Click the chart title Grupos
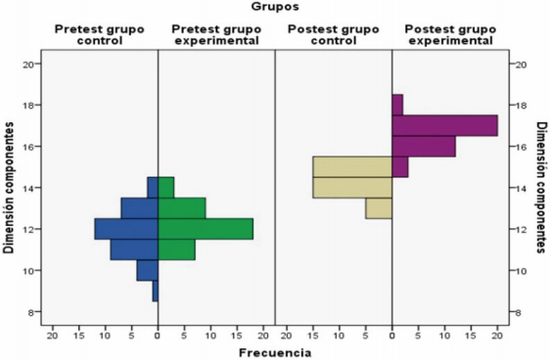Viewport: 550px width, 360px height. coord(275,8)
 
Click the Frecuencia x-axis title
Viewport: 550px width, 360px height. coord(275,350)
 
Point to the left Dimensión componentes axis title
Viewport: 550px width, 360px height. coord(9,188)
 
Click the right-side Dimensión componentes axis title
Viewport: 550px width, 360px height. coord(540,188)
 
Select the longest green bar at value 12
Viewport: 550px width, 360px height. coord(206,229)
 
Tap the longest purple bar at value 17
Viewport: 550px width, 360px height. coord(445,125)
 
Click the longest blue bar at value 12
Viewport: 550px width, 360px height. coord(126,229)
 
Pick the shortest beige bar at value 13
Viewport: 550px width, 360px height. coord(379,208)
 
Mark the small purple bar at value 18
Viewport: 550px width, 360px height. coord(397,105)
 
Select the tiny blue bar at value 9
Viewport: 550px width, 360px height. coord(155,292)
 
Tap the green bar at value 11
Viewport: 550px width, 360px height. coord(177,249)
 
